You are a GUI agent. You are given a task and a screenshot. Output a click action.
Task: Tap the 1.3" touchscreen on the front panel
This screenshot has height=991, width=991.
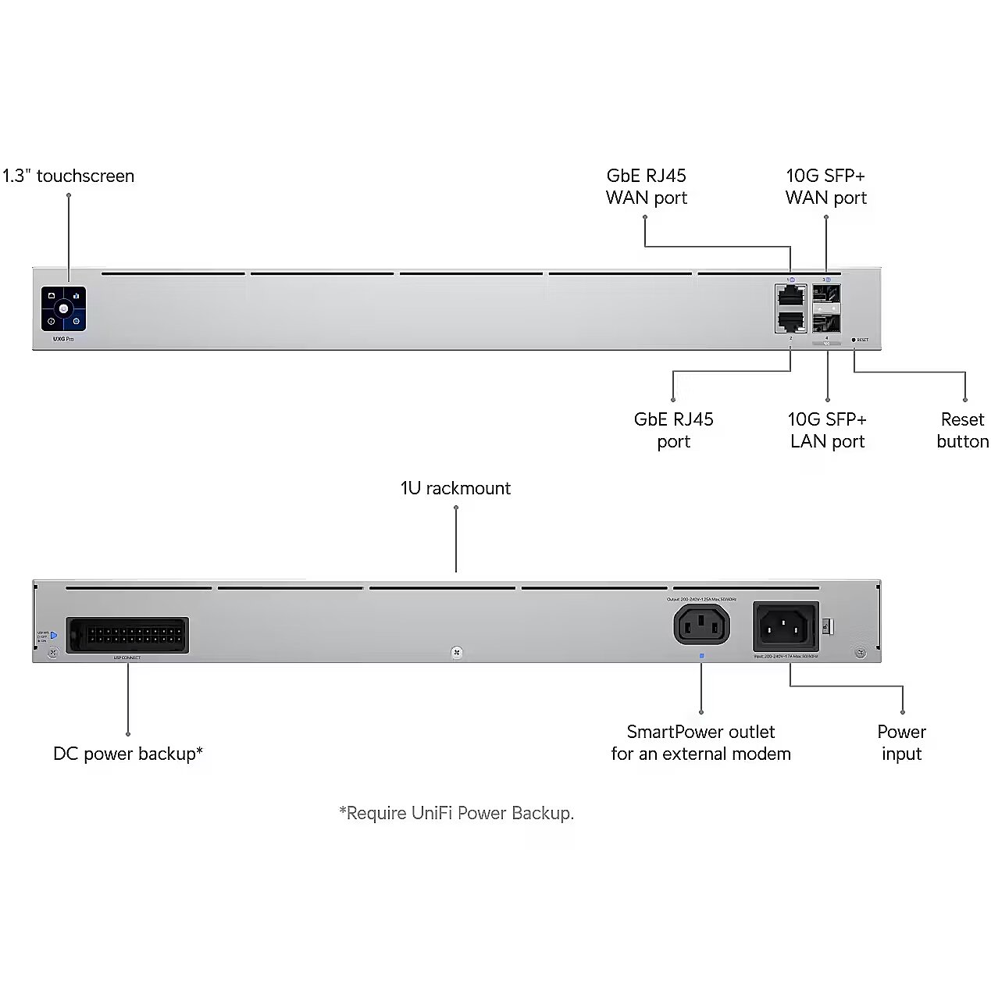tap(63, 308)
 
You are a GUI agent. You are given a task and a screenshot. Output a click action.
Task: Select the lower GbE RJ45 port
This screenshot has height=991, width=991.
tap(791, 319)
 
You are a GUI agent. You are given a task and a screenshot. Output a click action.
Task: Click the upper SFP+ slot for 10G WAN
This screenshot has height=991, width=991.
tap(827, 295)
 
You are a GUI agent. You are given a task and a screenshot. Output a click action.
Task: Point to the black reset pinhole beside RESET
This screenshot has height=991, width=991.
tap(854, 340)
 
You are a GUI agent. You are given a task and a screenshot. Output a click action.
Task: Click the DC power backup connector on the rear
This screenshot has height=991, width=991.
tap(127, 635)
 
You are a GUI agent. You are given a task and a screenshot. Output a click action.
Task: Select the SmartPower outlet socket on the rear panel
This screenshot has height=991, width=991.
tap(701, 626)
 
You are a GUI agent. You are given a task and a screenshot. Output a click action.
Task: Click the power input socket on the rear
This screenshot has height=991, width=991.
tap(786, 626)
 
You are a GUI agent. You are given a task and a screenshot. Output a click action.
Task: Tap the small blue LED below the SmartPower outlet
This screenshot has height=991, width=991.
tap(701, 656)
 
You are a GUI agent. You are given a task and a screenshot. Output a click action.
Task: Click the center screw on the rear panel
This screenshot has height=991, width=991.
tap(457, 652)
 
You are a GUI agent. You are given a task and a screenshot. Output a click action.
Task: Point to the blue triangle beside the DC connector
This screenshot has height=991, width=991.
tap(54, 636)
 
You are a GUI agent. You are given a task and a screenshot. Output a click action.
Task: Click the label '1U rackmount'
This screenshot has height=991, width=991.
tap(455, 488)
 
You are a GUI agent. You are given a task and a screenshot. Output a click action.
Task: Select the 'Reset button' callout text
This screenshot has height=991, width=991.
tap(962, 430)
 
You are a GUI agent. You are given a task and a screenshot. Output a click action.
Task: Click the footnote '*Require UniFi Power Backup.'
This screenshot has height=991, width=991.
tap(457, 813)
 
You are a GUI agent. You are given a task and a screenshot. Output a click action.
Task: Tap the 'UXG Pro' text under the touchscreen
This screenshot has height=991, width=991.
tap(63, 339)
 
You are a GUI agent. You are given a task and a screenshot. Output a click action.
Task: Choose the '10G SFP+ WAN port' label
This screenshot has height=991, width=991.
tap(826, 187)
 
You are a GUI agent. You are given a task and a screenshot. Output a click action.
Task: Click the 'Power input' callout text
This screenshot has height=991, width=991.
tap(901, 743)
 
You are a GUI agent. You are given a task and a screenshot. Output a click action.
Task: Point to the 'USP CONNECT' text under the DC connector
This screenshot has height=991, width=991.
tap(127, 658)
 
